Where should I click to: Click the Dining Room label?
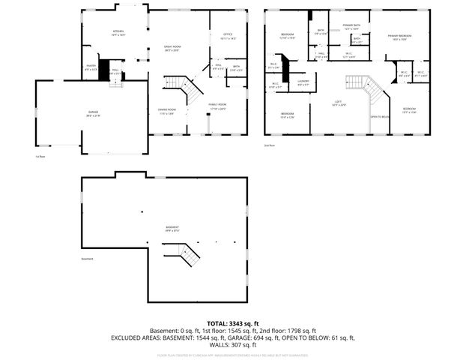pos(166,112)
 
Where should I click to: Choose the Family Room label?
pos(217,106)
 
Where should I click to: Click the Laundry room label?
pos(303,82)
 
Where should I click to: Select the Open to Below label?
pos(380,116)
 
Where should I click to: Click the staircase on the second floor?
pos(369,90)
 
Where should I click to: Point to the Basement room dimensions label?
pos(172,230)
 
